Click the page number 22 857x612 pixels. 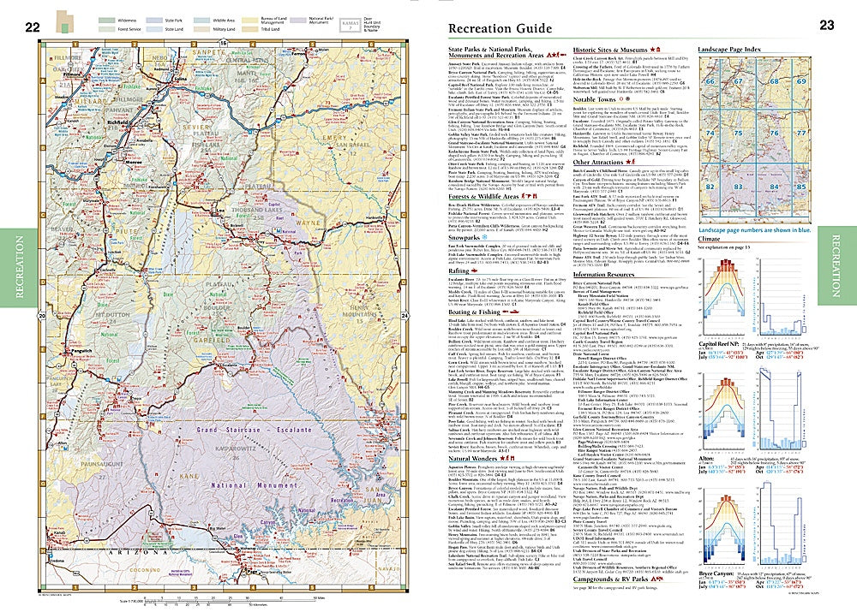(x=32, y=27)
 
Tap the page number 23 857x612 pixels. (x=826, y=26)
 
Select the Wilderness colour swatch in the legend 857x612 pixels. (x=106, y=17)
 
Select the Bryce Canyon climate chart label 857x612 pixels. (x=716, y=570)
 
